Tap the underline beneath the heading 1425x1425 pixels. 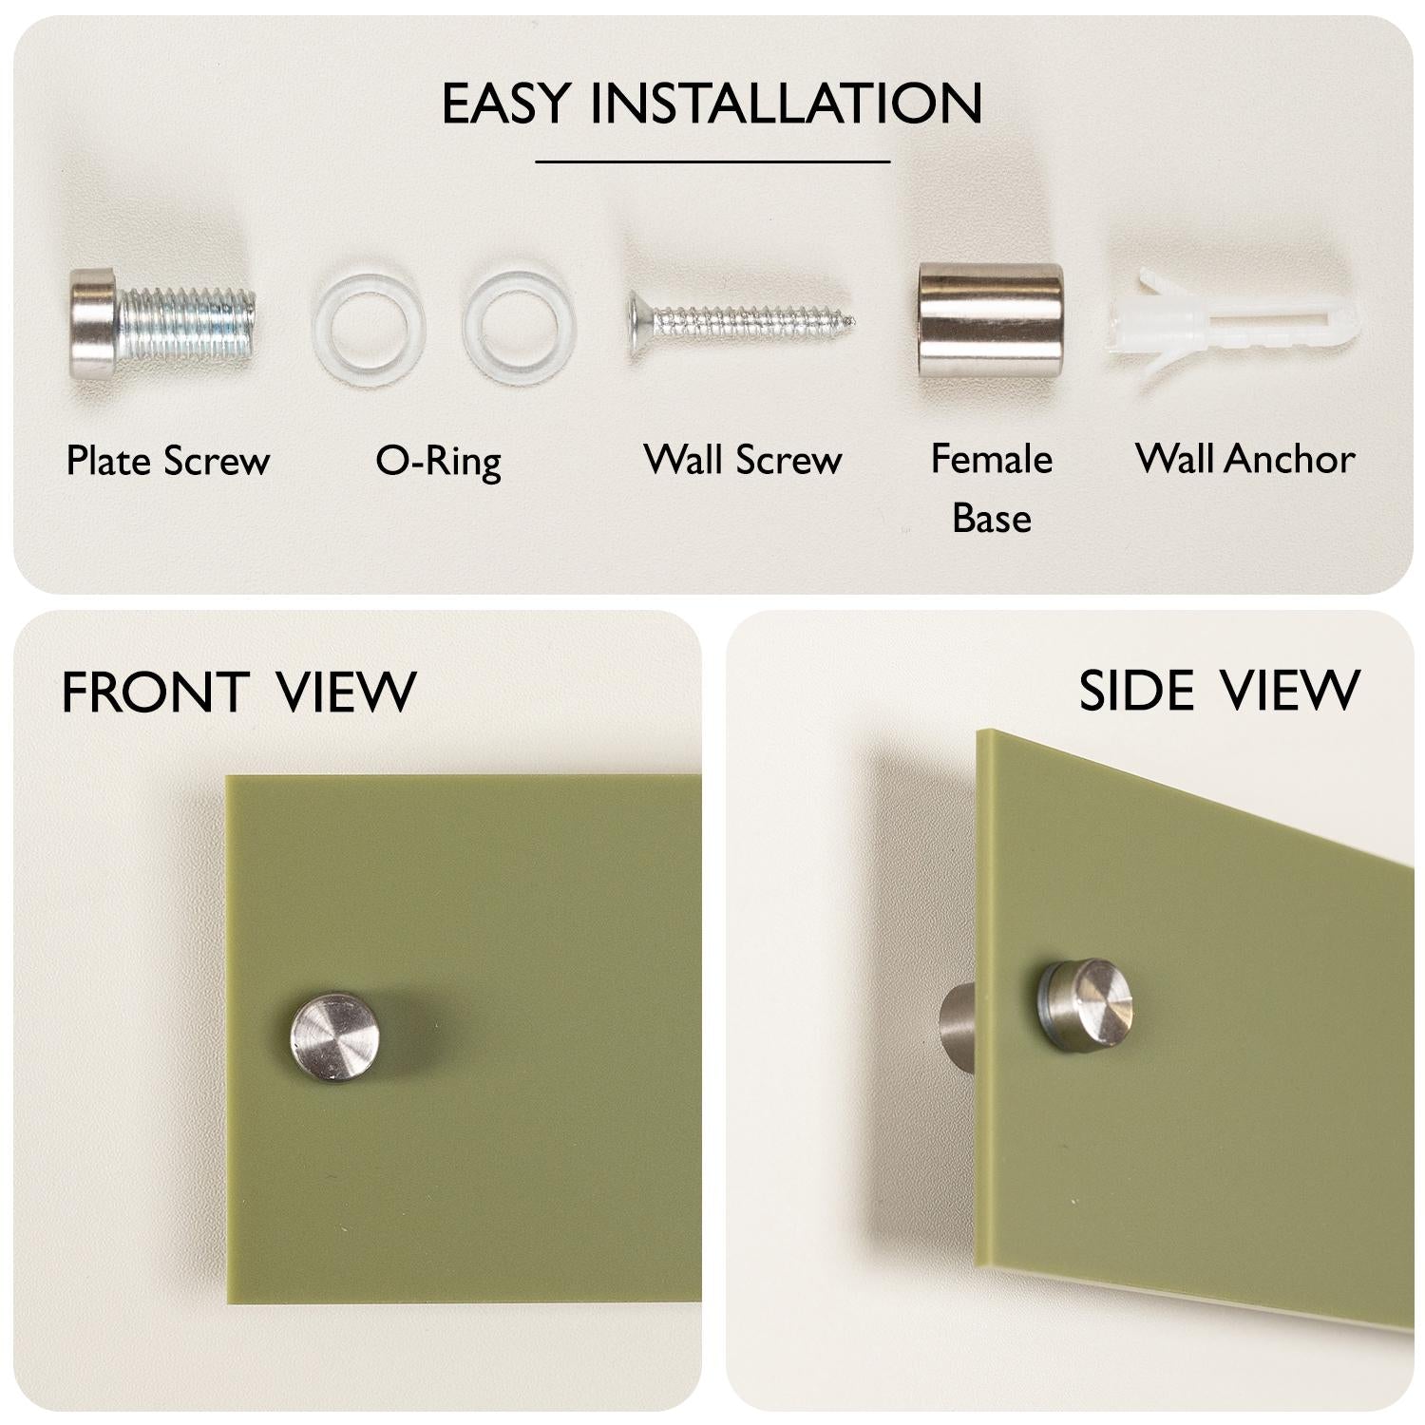[x=712, y=161]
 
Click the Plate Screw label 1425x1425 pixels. [x=168, y=461]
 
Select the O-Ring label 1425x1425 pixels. [x=438, y=462]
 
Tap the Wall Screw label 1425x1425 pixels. [x=743, y=460]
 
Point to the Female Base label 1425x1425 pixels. [x=991, y=488]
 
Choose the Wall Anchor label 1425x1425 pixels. [x=1245, y=459]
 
